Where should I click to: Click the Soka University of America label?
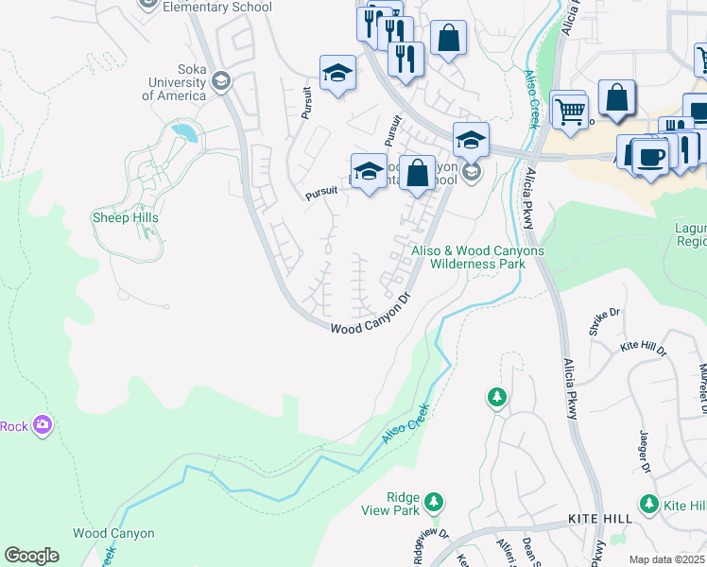(175, 88)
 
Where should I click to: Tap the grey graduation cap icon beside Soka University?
(220, 80)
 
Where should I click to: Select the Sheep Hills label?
(125, 217)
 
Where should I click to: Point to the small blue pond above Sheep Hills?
(185, 131)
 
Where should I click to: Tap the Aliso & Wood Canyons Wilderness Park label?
(477, 257)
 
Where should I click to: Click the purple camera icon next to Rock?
(42, 425)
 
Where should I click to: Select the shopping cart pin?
(569, 111)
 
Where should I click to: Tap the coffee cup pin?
(650, 154)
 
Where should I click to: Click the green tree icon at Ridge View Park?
(434, 500)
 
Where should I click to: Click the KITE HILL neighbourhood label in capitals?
(599, 520)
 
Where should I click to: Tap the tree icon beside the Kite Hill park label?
(648, 505)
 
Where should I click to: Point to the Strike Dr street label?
(604, 320)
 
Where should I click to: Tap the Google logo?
(31, 556)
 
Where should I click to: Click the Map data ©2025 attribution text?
(666, 559)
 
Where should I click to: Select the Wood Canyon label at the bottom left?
(113, 534)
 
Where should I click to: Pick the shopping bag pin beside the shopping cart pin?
(616, 99)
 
